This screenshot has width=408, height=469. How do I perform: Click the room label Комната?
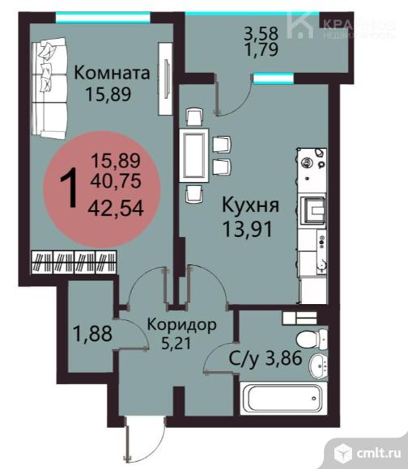pos(113,74)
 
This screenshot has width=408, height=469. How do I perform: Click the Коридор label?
pos(181,326)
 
